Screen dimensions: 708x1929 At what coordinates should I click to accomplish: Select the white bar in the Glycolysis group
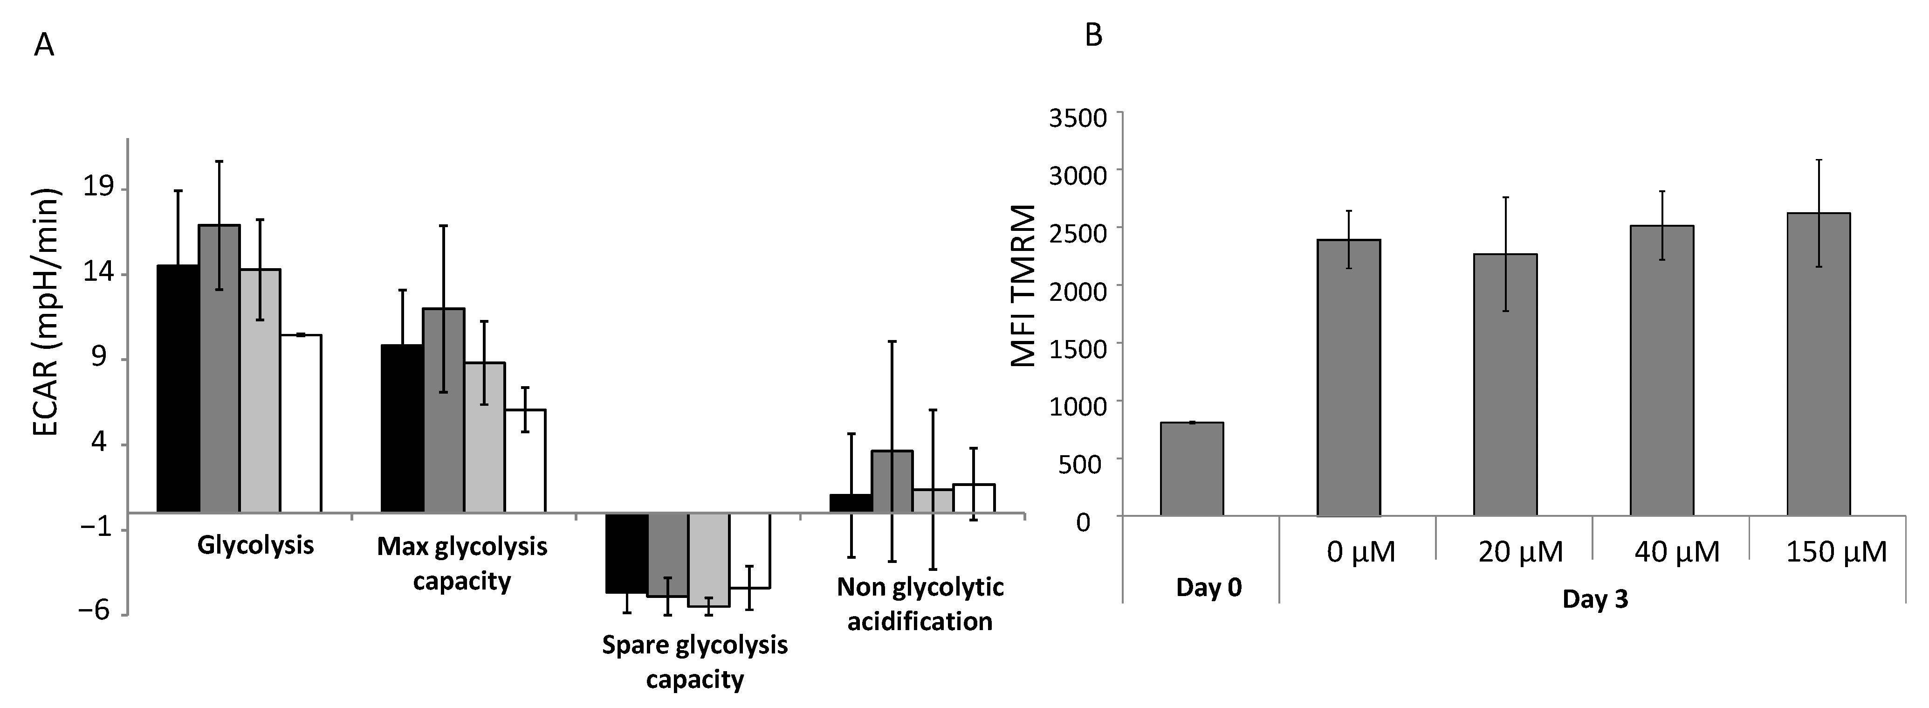click(x=300, y=423)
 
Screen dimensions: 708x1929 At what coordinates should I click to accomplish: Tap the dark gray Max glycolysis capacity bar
click(x=443, y=410)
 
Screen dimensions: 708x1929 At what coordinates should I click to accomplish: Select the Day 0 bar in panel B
click(x=1191, y=469)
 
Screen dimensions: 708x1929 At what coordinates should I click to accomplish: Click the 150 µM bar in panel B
click(x=1818, y=364)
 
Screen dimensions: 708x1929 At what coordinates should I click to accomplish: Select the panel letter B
click(x=1093, y=35)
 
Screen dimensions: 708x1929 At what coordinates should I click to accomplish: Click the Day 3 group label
click(x=1594, y=599)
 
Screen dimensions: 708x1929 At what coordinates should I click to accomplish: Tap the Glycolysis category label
click(x=255, y=545)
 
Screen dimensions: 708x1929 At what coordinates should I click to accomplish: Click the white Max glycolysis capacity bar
click(x=525, y=461)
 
